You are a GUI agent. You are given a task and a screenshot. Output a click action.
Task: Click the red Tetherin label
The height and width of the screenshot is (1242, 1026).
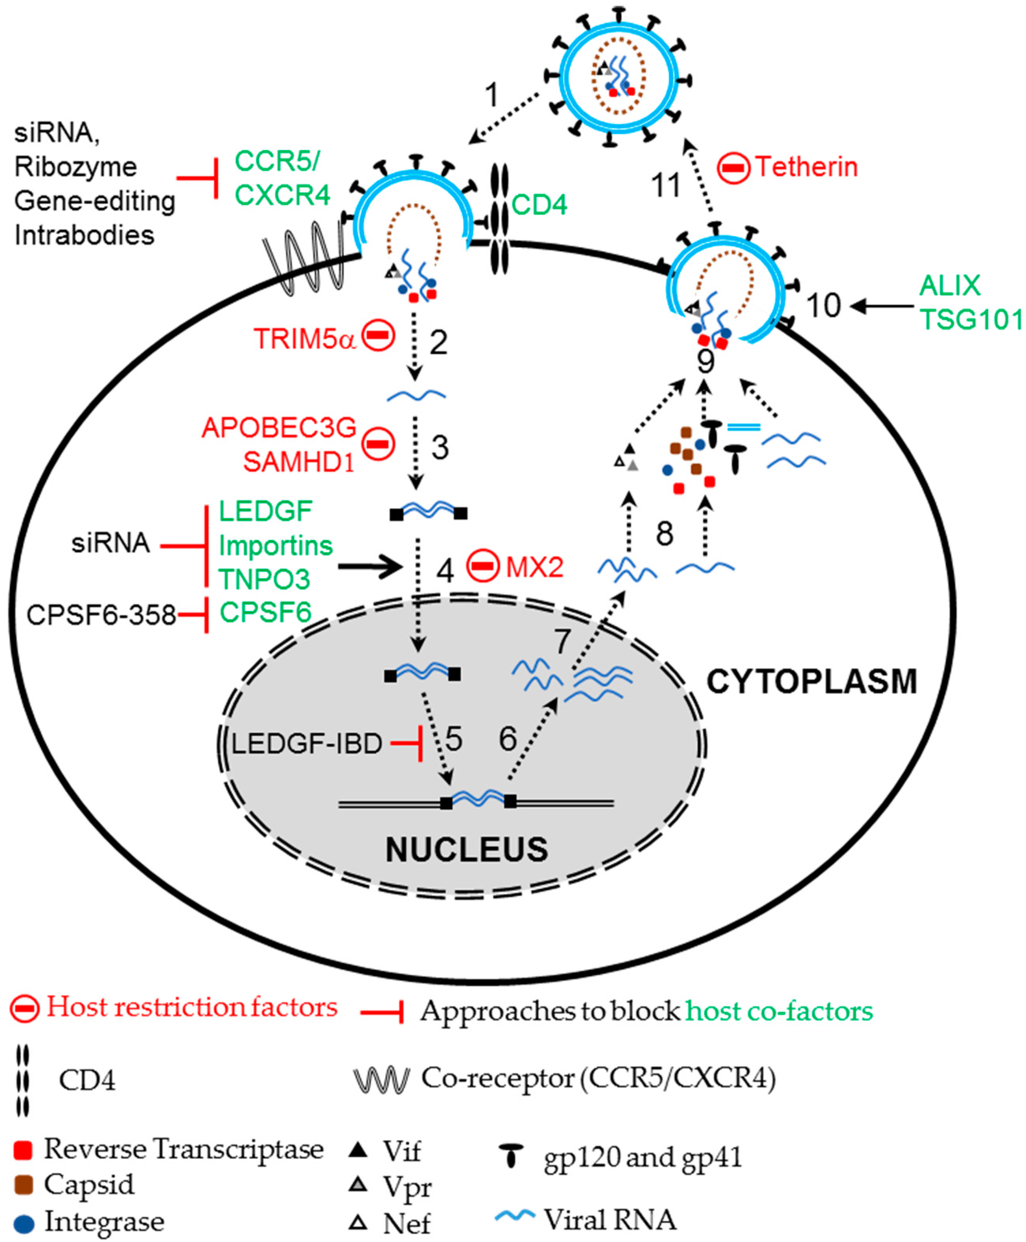806,167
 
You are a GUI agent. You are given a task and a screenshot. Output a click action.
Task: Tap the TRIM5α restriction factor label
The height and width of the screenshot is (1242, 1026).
304,339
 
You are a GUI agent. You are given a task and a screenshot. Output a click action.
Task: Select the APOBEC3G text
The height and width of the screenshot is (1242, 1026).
279,427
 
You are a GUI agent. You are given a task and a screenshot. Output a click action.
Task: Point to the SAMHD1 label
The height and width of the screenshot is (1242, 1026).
298,462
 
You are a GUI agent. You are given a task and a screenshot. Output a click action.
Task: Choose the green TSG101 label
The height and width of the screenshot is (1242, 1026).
971,320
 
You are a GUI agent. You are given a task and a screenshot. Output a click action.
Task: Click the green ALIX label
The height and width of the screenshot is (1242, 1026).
950,286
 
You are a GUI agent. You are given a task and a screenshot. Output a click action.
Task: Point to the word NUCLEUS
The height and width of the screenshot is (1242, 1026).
466,850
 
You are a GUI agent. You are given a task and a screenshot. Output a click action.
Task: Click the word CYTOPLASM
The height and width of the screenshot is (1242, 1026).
811,682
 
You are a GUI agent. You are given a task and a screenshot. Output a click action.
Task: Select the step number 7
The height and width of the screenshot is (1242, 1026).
562,641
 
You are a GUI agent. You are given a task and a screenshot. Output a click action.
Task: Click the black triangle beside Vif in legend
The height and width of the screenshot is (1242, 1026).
358,1150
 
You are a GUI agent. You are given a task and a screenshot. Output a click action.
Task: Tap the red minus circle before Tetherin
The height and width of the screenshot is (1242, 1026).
733,168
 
